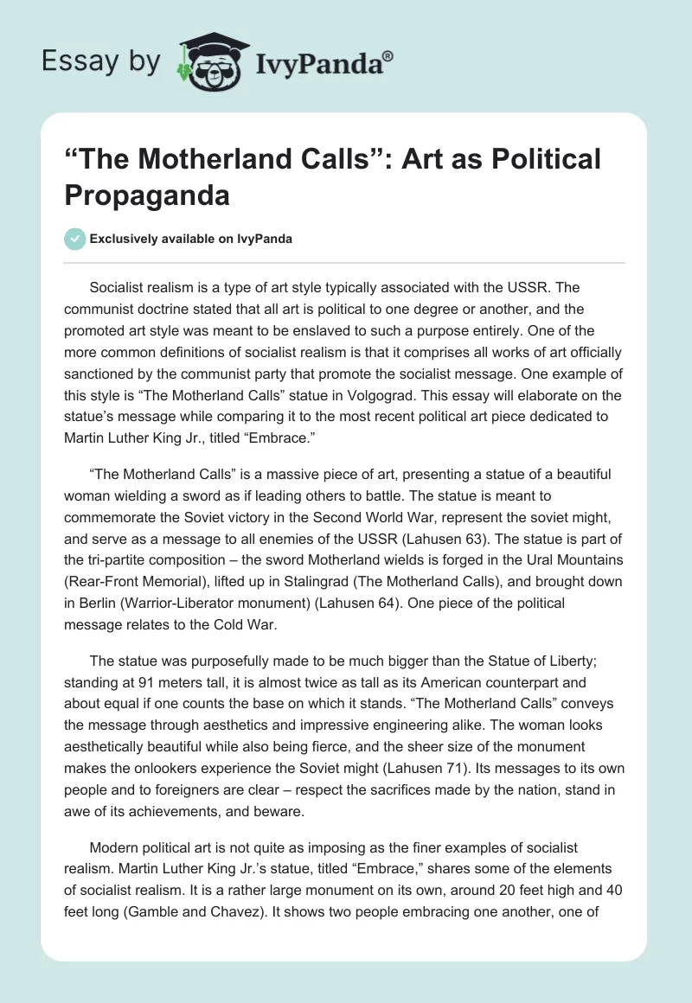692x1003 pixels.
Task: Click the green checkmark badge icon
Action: pos(74,239)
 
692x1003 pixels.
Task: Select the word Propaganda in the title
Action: pos(146,195)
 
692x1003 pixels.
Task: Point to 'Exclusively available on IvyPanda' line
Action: pos(190,239)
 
